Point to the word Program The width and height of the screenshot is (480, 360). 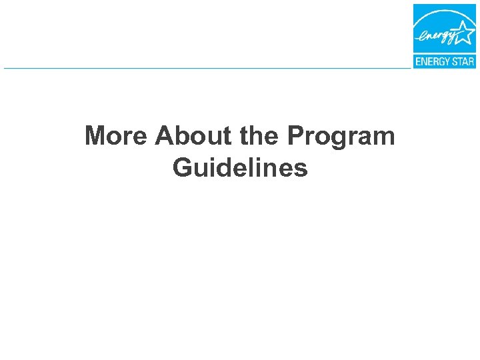coord(341,137)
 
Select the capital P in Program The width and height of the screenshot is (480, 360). coord(295,136)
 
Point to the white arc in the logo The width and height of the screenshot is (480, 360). coord(437,19)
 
